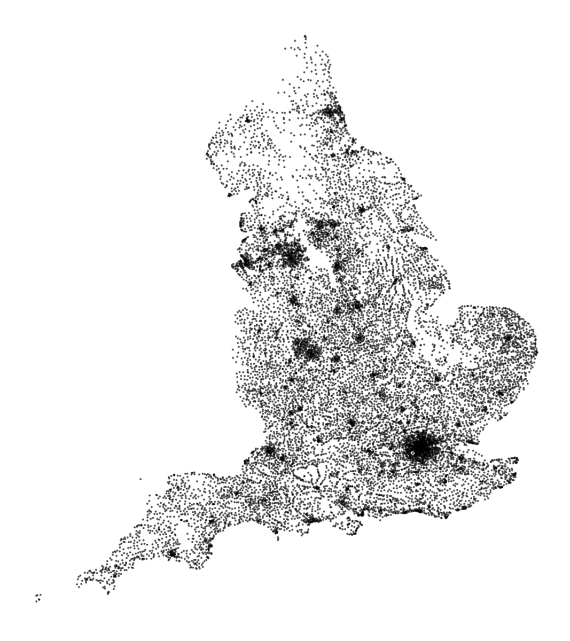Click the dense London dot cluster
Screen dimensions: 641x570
pyautogui.click(x=422, y=448)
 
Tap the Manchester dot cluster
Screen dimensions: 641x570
pyautogui.click(x=292, y=256)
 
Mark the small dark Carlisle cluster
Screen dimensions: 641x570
pyautogui.click(x=248, y=121)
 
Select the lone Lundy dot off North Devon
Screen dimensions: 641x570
pyautogui.click(x=140, y=479)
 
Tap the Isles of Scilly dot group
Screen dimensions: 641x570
pyautogui.click(x=38, y=597)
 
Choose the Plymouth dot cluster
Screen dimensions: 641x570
pyautogui.click(x=172, y=554)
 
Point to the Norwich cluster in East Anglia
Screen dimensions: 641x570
pyautogui.click(x=507, y=339)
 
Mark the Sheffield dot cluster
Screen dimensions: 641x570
pyautogui.click(x=338, y=266)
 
